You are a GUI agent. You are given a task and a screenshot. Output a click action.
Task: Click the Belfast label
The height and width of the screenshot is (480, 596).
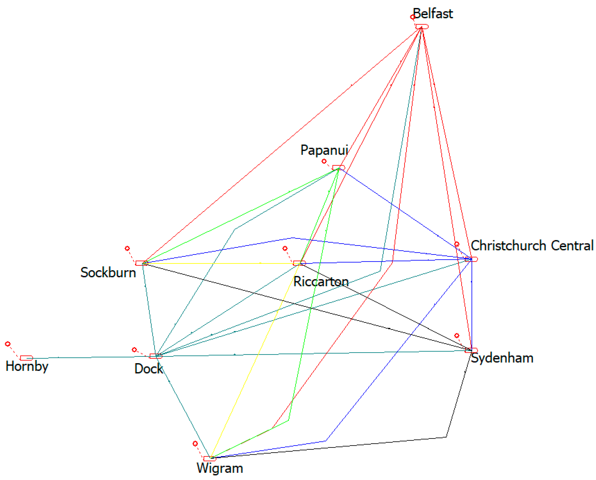(x=433, y=14)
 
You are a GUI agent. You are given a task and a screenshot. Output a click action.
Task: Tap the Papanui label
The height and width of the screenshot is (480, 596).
(x=324, y=150)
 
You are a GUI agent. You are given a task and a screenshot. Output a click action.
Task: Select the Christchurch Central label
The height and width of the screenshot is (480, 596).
(x=532, y=246)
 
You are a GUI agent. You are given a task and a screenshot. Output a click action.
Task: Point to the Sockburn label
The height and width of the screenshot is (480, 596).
(x=108, y=273)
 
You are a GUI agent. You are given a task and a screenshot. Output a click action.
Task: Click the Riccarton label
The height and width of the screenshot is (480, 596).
(x=321, y=282)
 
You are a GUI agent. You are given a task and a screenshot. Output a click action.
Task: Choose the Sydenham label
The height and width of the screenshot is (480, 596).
(x=502, y=358)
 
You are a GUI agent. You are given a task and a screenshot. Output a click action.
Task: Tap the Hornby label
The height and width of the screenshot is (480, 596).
(x=27, y=367)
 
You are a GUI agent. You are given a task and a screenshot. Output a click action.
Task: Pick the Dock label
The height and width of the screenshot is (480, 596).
(x=148, y=369)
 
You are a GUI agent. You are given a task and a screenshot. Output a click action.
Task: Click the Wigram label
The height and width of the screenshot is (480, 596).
(x=220, y=468)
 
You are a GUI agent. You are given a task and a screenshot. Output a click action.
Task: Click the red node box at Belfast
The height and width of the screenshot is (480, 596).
(x=422, y=26)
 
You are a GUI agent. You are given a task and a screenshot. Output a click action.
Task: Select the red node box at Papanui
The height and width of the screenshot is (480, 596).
(x=338, y=168)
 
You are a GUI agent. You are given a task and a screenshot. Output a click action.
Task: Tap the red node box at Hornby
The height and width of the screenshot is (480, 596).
(x=26, y=358)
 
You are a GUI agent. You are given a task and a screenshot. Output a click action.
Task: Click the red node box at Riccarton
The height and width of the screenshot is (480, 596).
(x=299, y=263)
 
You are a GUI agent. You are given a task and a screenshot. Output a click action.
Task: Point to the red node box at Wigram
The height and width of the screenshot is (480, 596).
(x=210, y=459)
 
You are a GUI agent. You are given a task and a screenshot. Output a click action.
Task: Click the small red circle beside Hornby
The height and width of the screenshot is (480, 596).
(x=8, y=344)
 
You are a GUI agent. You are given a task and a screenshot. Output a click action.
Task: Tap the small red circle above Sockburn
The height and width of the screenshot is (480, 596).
(x=127, y=248)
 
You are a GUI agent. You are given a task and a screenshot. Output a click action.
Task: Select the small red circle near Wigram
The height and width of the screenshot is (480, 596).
(x=195, y=444)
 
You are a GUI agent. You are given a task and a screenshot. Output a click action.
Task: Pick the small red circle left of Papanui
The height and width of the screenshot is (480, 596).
(x=324, y=161)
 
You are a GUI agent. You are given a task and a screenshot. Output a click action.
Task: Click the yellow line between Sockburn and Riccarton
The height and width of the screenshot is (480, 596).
(x=221, y=264)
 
